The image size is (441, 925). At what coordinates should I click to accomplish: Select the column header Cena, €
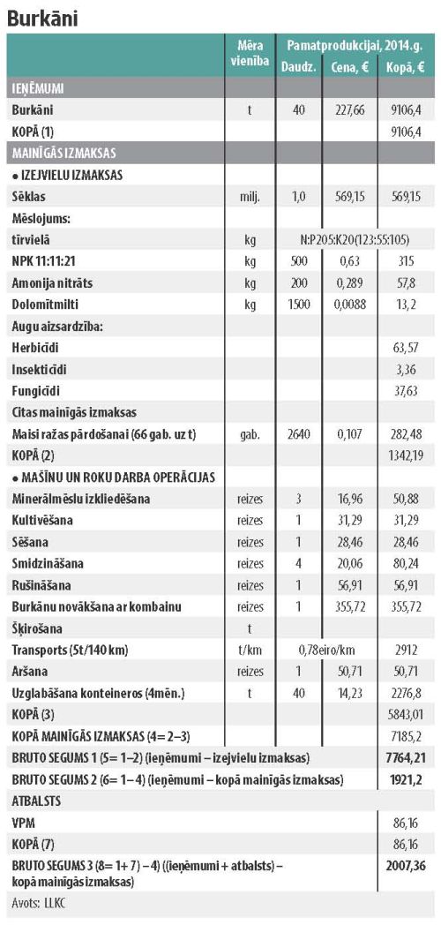(x=349, y=67)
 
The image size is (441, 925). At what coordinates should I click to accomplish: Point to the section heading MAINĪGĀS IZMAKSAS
(x=64, y=154)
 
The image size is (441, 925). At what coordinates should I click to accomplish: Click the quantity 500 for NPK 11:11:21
(x=299, y=261)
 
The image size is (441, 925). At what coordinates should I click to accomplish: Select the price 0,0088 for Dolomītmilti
(x=349, y=305)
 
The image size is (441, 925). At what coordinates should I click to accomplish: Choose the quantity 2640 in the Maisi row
(x=299, y=434)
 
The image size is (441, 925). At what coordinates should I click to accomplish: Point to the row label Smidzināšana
(x=48, y=563)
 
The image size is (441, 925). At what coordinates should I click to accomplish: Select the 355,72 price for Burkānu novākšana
(x=349, y=607)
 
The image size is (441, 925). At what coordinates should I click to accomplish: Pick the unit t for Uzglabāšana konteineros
(x=250, y=693)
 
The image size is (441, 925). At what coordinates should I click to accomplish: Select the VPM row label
(x=22, y=823)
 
